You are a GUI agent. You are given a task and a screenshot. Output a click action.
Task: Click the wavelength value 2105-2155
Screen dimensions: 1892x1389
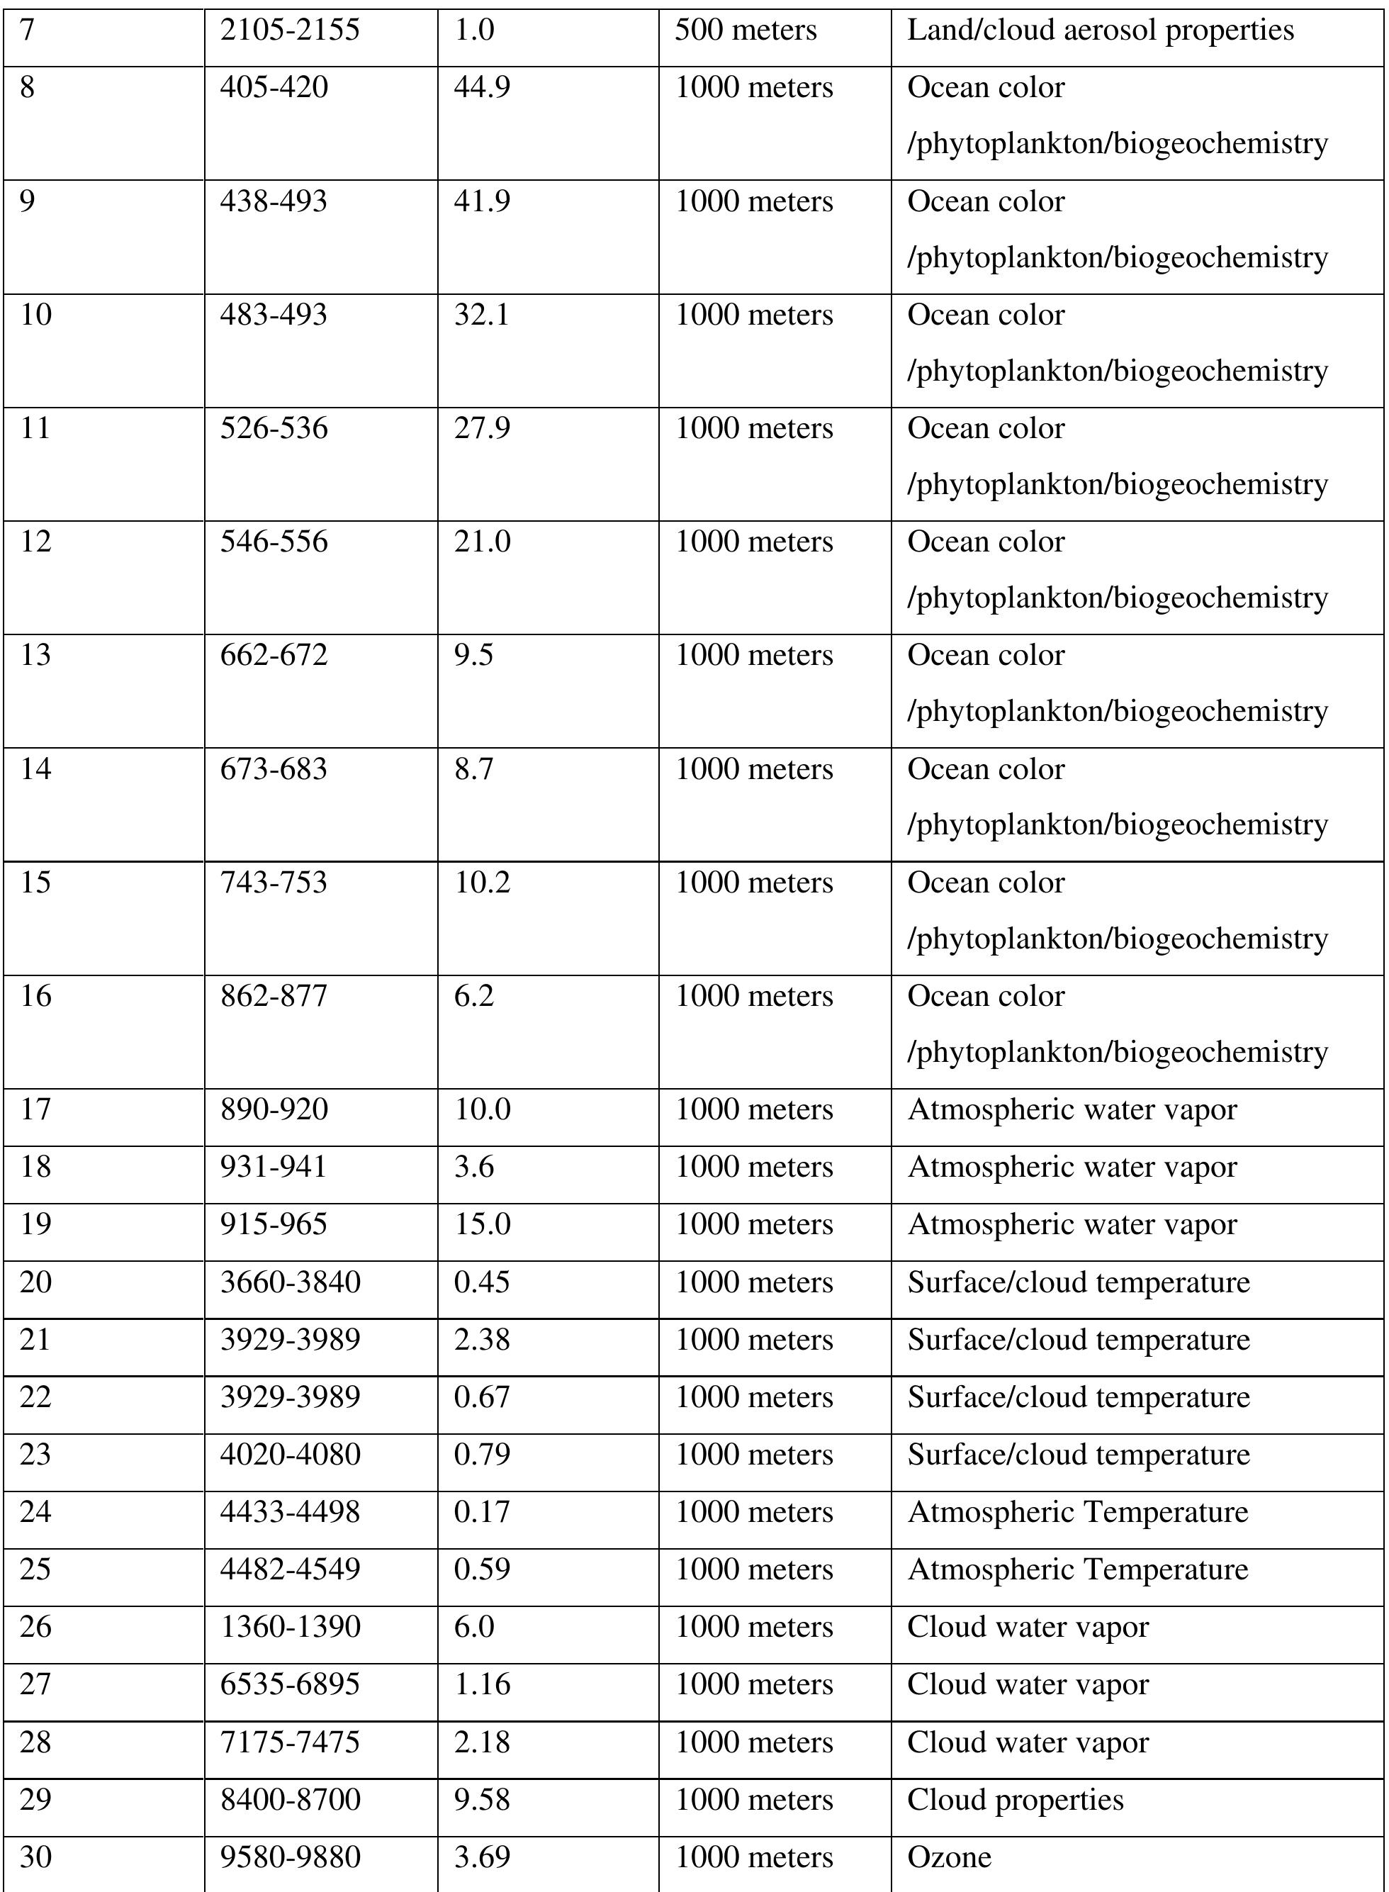tap(289, 30)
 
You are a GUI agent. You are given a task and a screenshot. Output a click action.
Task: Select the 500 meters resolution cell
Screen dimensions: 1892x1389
tap(745, 30)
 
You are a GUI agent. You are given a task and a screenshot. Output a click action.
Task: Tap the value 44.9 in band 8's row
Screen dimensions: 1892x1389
tap(482, 87)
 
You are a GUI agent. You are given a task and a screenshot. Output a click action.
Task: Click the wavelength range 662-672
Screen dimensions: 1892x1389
tap(274, 654)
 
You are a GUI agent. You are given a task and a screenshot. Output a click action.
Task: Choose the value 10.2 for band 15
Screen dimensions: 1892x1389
tap(482, 882)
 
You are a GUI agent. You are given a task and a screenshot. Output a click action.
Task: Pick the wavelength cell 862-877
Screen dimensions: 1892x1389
tap(274, 995)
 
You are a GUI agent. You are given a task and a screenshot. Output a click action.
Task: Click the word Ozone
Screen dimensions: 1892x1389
tap(948, 1857)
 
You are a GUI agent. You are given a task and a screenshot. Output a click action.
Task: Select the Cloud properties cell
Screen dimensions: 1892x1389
tap(1015, 1800)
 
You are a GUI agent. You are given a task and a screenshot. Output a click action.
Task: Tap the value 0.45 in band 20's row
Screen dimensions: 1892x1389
tap(482, 1282)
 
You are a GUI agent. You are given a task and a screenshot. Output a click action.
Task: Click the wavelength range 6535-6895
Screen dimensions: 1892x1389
tap(289, 1684)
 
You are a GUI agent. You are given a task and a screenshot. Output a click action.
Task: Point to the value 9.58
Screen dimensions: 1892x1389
tap(482, 1800)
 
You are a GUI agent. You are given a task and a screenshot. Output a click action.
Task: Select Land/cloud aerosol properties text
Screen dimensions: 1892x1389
tap(1100, 30)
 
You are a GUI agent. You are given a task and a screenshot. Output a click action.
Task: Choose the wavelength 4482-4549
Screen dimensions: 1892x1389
tap(289, 1569)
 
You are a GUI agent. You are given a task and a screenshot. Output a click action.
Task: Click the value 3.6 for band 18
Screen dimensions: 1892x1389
tap(473, 1166)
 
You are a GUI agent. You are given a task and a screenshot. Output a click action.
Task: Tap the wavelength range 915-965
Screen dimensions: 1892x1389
tap(274, 1224)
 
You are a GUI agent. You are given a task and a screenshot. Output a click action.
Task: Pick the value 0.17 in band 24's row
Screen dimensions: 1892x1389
tap(482, 1511)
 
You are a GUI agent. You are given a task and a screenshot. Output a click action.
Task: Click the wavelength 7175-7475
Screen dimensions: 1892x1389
tap(289, 1742)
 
